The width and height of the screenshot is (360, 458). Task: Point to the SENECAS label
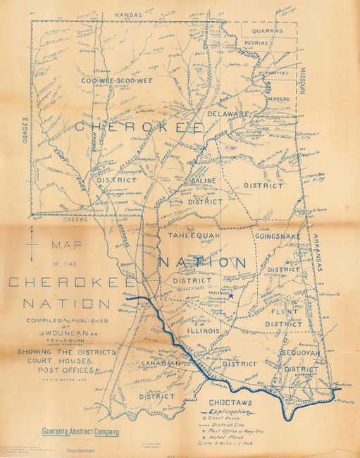click(278, 99)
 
